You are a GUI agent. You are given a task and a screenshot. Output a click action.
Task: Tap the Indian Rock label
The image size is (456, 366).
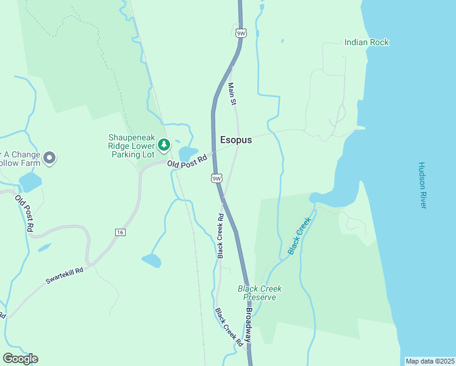(366, 42)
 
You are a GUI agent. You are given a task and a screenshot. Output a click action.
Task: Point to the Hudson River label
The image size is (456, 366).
(422, 185)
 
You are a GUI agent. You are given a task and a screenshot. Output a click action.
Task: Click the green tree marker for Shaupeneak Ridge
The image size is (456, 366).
(163, 145)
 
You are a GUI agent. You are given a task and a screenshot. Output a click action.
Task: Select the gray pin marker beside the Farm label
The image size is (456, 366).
(50, 158)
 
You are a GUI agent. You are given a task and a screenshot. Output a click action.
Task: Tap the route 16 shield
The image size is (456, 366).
(120, 232)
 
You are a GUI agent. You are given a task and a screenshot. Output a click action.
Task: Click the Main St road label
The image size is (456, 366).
(232, 94)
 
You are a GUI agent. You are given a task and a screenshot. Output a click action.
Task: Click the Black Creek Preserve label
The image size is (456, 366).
(260, 293)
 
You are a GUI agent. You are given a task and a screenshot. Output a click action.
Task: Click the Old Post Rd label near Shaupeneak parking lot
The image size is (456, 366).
(188, 162)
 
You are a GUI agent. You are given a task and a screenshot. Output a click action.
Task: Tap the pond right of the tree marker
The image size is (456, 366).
(188, 152)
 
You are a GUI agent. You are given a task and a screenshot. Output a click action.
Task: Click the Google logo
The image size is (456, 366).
(20, 359)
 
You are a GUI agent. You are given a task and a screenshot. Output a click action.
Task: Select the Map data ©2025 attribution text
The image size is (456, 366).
(429, 361)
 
